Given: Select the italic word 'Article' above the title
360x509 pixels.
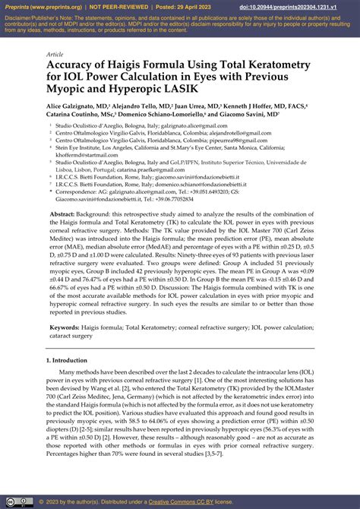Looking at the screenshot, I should [55, 55].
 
